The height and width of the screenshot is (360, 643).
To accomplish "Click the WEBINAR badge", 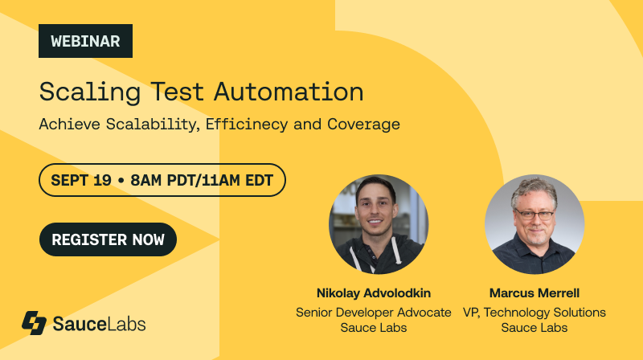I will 85,41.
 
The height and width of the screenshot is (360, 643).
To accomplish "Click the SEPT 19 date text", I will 81,180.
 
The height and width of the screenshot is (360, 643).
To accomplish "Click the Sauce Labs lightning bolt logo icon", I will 35,323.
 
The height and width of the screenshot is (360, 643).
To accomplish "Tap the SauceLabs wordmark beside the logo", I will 99,324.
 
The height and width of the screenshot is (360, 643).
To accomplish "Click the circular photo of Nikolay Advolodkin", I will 379,224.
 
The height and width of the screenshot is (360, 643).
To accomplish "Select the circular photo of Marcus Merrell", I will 534,224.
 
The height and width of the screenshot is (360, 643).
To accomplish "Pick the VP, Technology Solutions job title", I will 534,312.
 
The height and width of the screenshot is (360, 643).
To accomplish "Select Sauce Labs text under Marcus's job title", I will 534,328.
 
